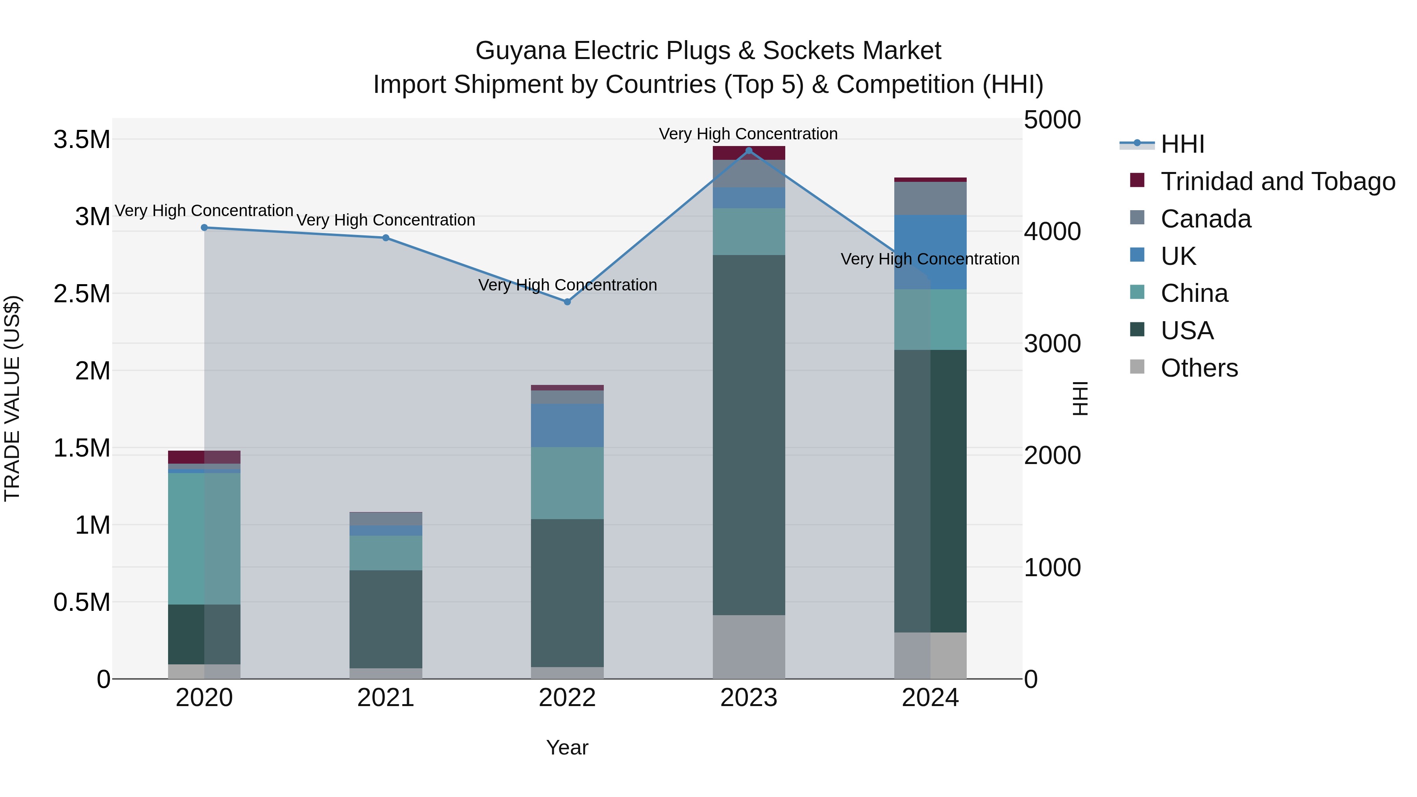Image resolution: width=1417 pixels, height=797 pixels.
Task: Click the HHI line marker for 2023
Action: (749, 151)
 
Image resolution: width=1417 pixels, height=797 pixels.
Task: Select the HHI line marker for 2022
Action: (567, 302)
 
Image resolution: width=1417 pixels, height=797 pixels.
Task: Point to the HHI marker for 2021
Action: (386, 238)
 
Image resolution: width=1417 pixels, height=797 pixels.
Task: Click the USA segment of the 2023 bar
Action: (749, 435)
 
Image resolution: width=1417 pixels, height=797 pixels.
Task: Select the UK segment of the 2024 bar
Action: (930, 252)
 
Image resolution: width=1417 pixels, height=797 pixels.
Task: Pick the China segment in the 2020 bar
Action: (204, 539)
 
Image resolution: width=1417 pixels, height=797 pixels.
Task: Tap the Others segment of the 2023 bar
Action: (749, 647)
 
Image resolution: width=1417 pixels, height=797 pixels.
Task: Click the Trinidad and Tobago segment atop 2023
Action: (749, 153)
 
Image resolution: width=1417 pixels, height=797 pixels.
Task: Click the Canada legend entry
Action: (1205, 219)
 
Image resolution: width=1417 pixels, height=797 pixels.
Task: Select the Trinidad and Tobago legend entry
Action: (1277, 181)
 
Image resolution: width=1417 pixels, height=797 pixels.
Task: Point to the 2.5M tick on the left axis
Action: (81, 294)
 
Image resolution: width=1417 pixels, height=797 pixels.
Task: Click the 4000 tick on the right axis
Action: (1052, 231)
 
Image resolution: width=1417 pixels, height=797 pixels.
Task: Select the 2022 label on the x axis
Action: (567, 698)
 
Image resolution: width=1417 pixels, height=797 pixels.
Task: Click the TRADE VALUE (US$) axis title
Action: (12, 398)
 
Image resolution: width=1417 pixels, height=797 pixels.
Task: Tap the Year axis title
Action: (567, 747)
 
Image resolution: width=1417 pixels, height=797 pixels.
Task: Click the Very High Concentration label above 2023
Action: (748, 134)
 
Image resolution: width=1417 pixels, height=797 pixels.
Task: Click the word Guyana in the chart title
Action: (520, 51)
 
